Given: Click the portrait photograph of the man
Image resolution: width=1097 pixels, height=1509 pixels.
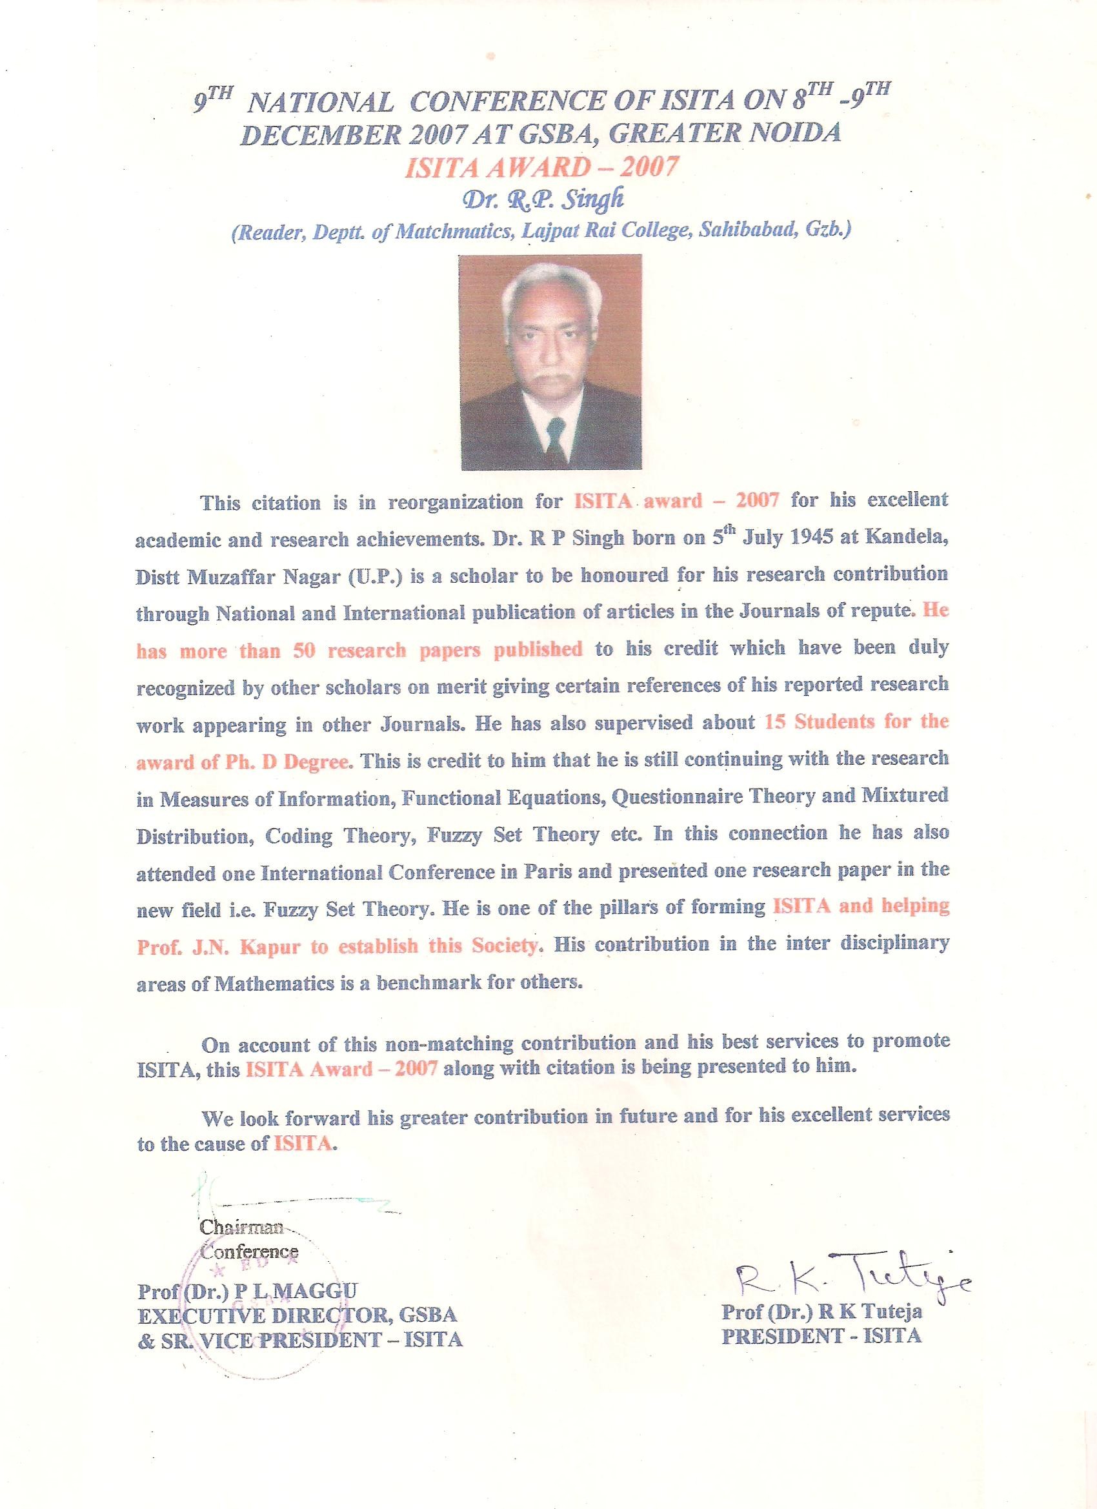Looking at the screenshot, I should [552, 362].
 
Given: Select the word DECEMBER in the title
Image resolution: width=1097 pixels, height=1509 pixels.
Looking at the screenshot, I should [320, 134].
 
